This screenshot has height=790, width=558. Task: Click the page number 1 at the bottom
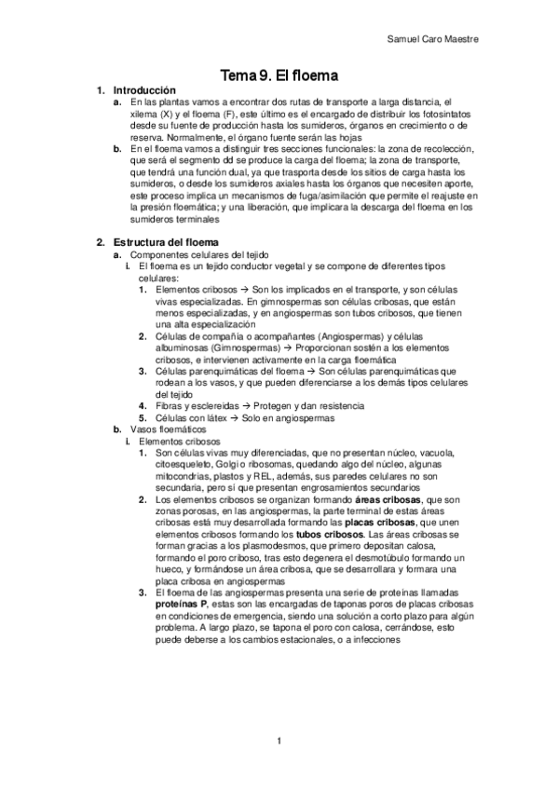tap(278, 741)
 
